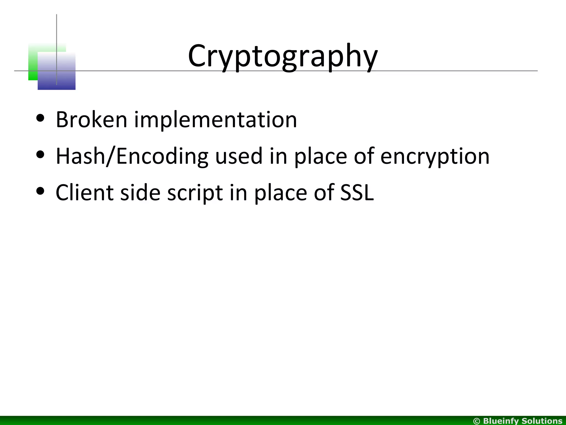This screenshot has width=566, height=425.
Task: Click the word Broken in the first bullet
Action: (x=91, y=120)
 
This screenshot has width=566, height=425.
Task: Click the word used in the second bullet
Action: (x=239, y=156)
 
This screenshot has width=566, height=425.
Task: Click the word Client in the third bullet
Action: (x=84, y=193)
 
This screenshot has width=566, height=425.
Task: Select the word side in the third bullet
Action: (x=140, y=193)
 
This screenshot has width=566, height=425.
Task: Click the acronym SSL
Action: (x=357, y=193)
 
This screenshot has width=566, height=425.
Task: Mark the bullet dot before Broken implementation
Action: (x=40, y=118)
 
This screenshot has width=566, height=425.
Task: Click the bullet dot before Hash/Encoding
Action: (x=40, y=155)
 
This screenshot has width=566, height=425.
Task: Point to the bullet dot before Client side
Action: (x=40, y=191)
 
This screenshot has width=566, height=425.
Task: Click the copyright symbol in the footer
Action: (x=476, y=421)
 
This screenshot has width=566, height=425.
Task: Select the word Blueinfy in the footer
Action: (x=501, y=421)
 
